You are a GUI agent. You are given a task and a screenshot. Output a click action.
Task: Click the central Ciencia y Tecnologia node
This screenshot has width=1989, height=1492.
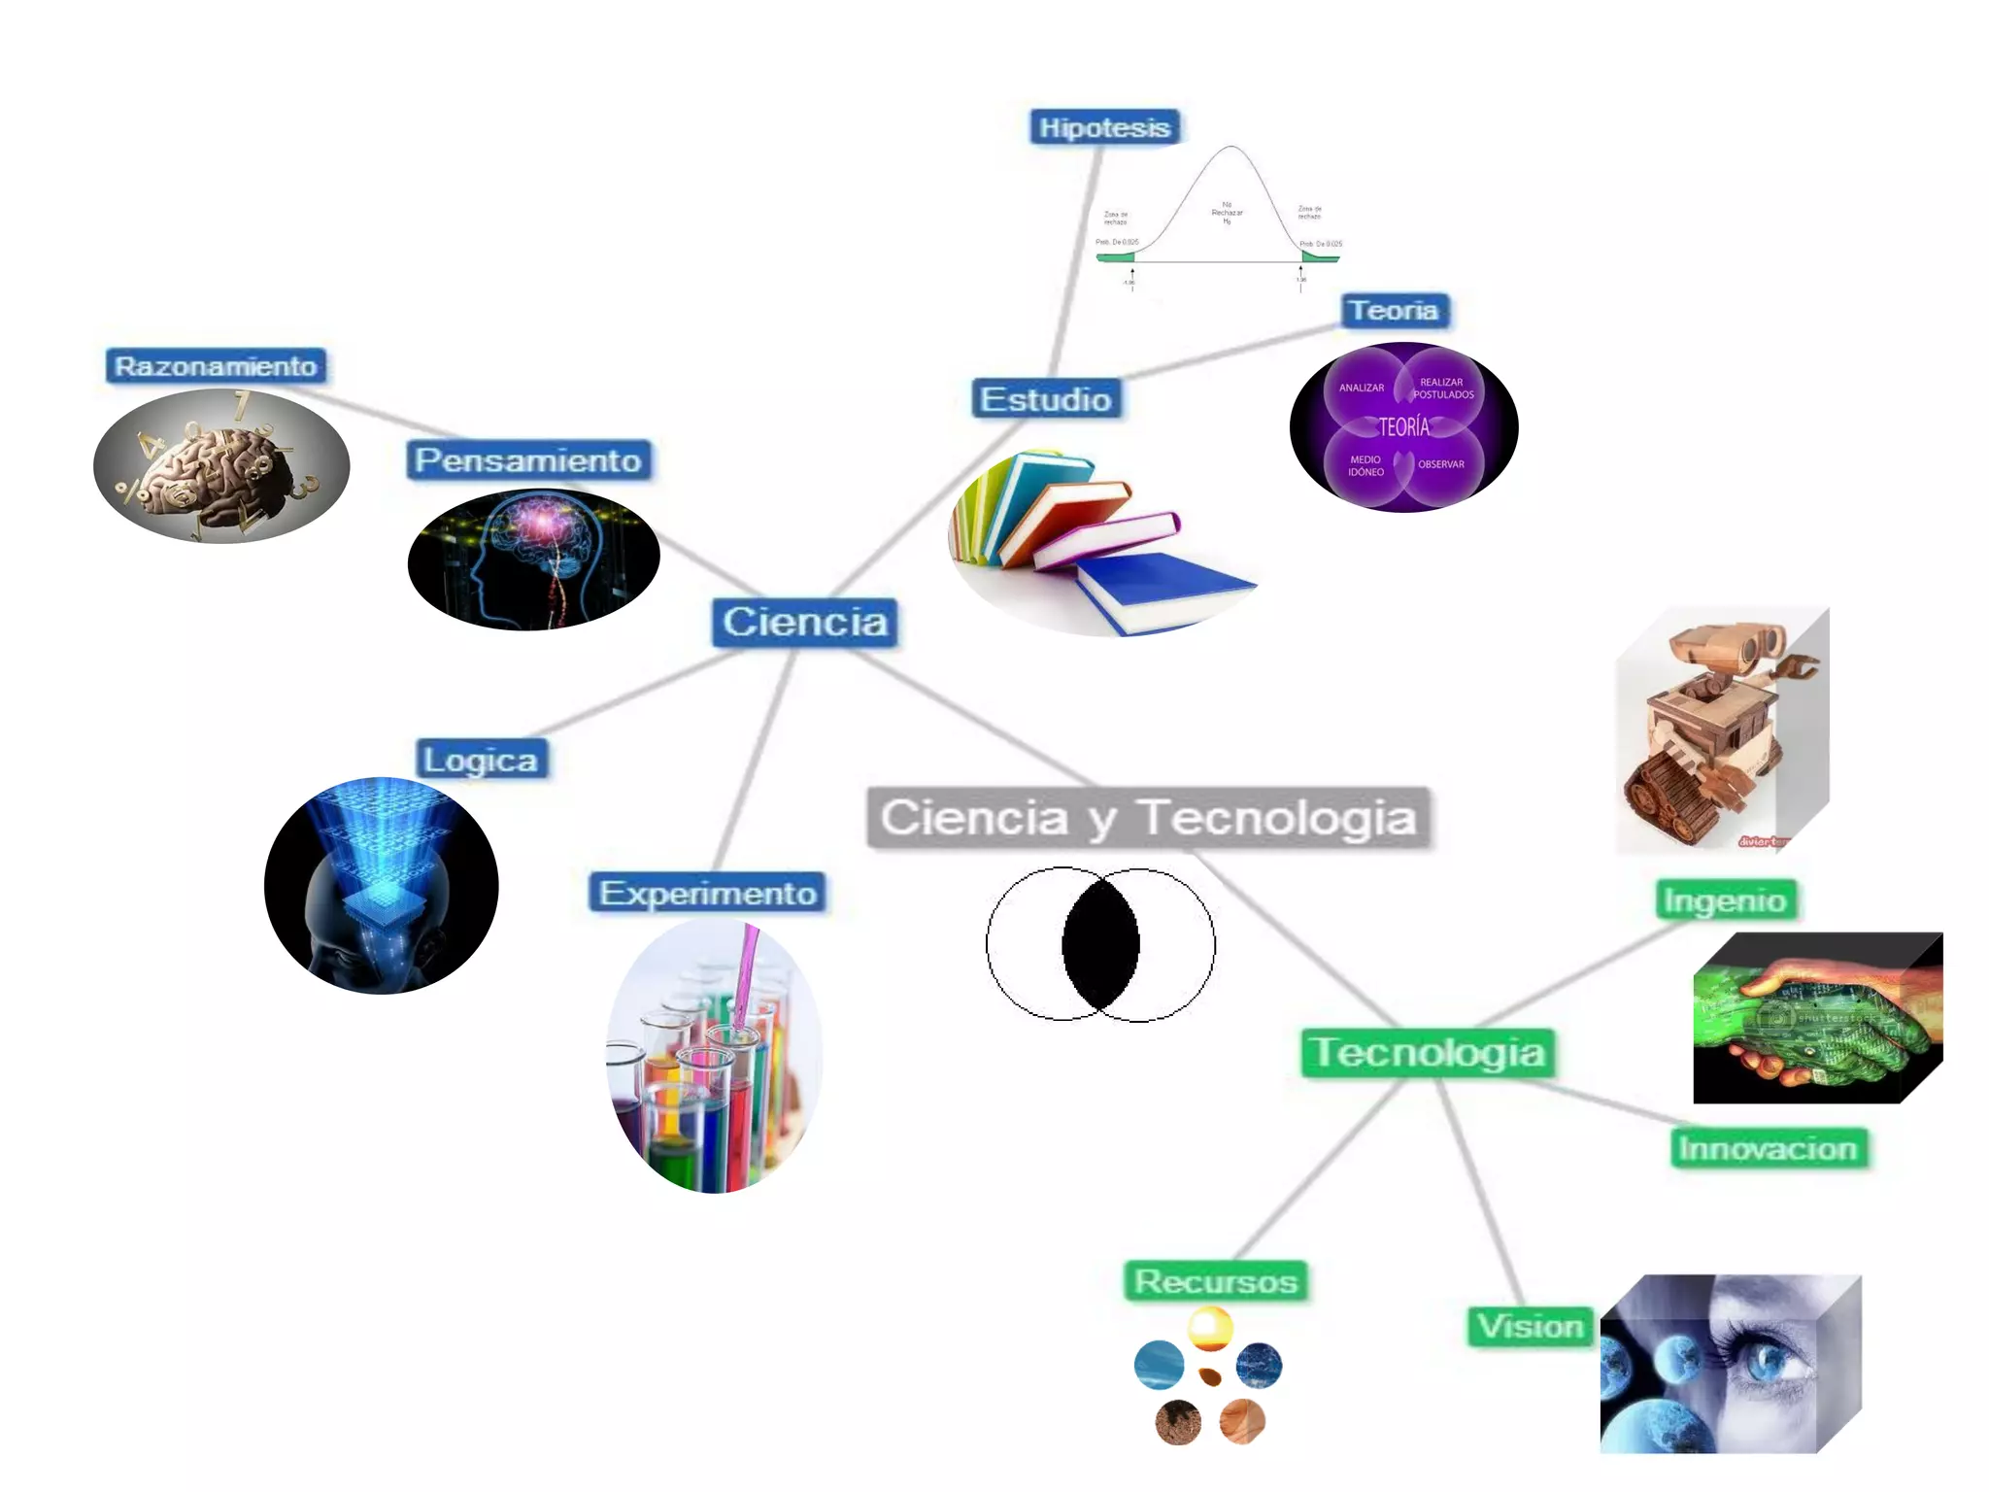point(1148,817)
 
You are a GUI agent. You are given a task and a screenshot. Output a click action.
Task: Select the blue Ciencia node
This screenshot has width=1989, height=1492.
point(805,622)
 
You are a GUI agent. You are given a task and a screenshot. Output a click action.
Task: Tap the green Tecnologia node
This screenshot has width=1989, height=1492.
point(1428,1052)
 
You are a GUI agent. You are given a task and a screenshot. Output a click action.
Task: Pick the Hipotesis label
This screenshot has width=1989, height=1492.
point(1104,127)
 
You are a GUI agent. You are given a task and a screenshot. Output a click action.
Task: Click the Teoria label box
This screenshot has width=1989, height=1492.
point(1395,311)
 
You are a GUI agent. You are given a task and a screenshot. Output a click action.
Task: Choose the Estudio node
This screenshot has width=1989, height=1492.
point(1046,399)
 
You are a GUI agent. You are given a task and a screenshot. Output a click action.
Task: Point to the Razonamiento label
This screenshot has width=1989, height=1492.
point(216,366)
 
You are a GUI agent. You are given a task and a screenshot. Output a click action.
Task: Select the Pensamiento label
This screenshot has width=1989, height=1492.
point(528,460)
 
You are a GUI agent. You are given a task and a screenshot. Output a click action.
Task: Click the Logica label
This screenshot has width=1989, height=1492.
point(481,760)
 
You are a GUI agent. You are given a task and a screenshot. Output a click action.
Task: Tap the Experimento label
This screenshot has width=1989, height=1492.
point(707,893)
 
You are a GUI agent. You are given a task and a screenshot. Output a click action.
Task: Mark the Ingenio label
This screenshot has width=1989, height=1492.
point(1725,900)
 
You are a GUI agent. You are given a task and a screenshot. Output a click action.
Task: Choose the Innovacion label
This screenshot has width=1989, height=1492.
point(1768,1148)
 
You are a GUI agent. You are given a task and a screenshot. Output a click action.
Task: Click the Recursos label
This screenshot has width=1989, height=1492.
point(1216,1281)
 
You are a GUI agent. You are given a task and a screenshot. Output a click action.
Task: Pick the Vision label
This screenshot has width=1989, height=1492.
point(1531,1326)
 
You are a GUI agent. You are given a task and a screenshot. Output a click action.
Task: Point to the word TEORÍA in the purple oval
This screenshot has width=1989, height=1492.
point(1404,426)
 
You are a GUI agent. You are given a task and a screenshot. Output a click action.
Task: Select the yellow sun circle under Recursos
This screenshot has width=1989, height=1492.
point(1210,1328)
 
